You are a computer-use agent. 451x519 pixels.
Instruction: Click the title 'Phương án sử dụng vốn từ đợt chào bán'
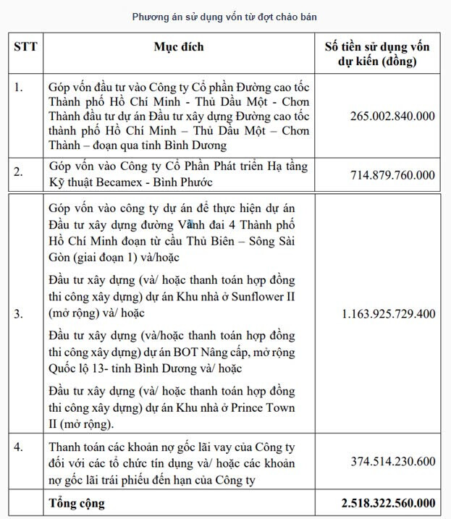point(224,16)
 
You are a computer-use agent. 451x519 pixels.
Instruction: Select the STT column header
point(26,47)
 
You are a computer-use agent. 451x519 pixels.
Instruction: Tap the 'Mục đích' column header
point(179,47)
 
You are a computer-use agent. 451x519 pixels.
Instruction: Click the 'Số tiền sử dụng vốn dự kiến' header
point(376,54)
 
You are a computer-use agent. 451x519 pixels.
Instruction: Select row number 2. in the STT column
point(19,172)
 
